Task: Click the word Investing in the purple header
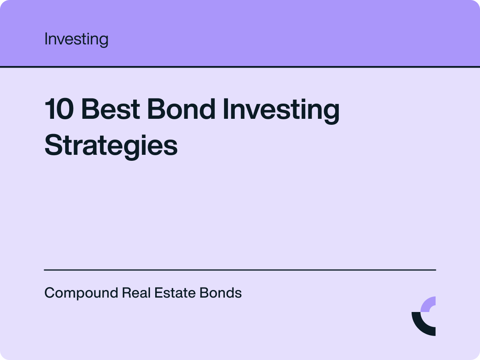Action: pos(76,39)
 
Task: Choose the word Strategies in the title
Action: pos(111,146)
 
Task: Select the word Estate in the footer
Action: pos(175,293)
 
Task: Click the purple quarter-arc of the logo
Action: pos(429,304)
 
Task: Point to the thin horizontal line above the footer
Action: pos(240,270)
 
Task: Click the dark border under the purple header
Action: pos(240,66)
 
